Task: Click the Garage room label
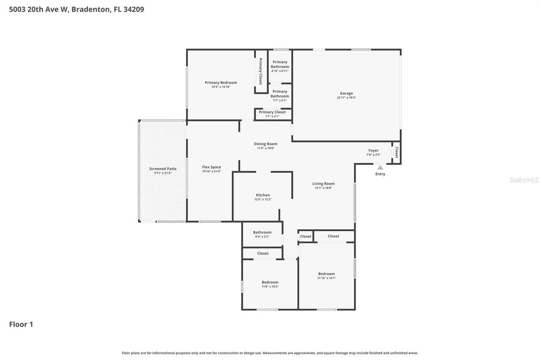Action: coord(346,93)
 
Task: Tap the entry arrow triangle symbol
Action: coord(380,168)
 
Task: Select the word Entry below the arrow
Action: coord(380,174)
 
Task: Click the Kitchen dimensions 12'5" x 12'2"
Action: coord(263,199)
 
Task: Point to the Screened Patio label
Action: coord(163,169)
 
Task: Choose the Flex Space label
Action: coord(211,167)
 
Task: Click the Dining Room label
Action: coord(266,144)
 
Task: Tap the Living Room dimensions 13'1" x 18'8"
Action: coord(323,188)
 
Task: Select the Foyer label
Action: coord(373,150)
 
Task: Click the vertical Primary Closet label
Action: coord(261,71)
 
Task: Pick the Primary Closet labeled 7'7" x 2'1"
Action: coord(272,112)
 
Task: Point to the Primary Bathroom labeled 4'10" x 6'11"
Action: coord(280,64)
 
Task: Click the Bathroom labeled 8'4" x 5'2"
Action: coord(262,233)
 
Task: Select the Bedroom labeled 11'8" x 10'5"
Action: coord(270,282)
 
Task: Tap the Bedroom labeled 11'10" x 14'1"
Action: coord(327,274)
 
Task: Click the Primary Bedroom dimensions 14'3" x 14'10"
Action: coord(221,87)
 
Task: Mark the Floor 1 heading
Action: coord(21,324)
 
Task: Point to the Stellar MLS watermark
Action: coord(524,180)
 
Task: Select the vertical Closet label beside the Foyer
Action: coord(396,152)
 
